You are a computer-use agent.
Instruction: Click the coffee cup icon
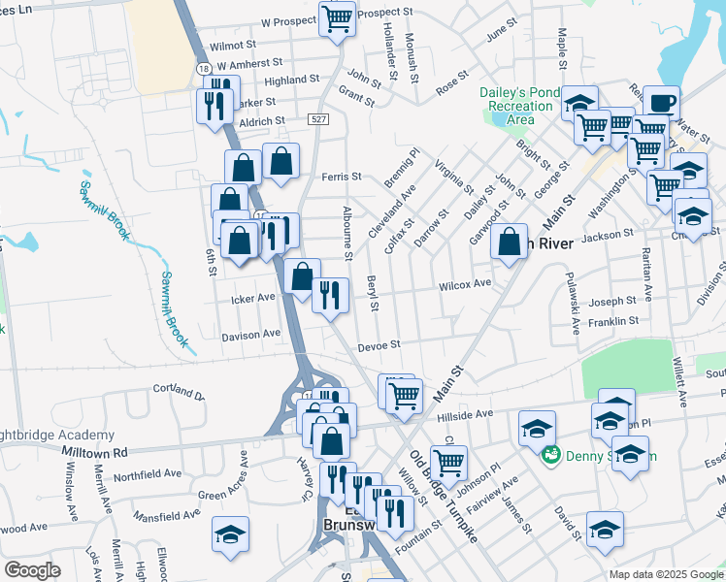661,103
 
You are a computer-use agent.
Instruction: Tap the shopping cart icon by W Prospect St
337,18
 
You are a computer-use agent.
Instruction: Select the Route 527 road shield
317,118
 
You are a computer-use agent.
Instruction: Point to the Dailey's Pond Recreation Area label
520,105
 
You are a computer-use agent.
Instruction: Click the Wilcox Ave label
465,284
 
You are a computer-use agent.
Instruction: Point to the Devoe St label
379,345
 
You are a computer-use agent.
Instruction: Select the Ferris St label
342,177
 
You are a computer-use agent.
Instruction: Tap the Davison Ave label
250,335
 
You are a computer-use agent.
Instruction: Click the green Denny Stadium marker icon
550,454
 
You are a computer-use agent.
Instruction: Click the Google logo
32,570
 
